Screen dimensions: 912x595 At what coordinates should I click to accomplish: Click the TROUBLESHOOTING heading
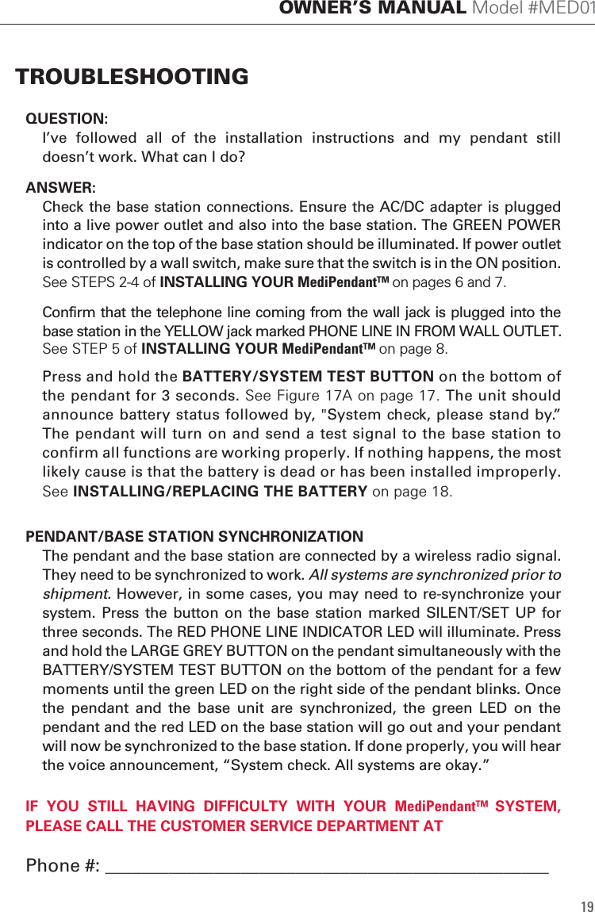(132, 77)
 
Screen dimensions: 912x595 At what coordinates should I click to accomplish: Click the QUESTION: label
(67, 119)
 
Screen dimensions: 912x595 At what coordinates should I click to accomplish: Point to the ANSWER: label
(60, 188)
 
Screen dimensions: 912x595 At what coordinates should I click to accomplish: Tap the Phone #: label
(63, 865)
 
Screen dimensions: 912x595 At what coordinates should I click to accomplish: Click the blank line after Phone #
(326, 867)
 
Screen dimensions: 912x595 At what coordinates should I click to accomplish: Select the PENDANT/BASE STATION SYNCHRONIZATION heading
(194, 537)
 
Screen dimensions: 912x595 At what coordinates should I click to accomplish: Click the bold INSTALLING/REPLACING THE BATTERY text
(220, 491)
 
